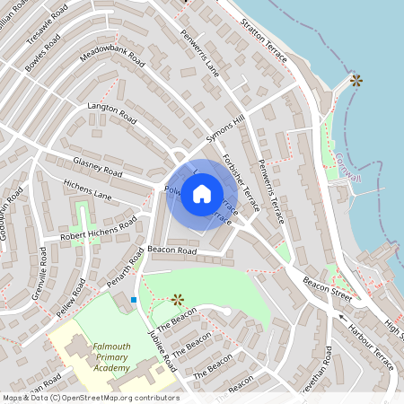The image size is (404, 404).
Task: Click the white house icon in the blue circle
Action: (202, 194)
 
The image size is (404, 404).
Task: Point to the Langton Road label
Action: (111, 112)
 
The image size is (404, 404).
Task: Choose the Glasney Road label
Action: (98, 165)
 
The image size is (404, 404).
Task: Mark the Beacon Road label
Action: (171, 250)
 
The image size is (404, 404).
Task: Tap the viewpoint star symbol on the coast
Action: (356, 80)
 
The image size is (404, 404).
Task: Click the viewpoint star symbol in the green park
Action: (177, 298)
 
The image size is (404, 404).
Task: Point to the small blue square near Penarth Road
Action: (134, 299)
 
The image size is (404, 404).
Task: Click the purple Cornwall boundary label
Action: (348, 168)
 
